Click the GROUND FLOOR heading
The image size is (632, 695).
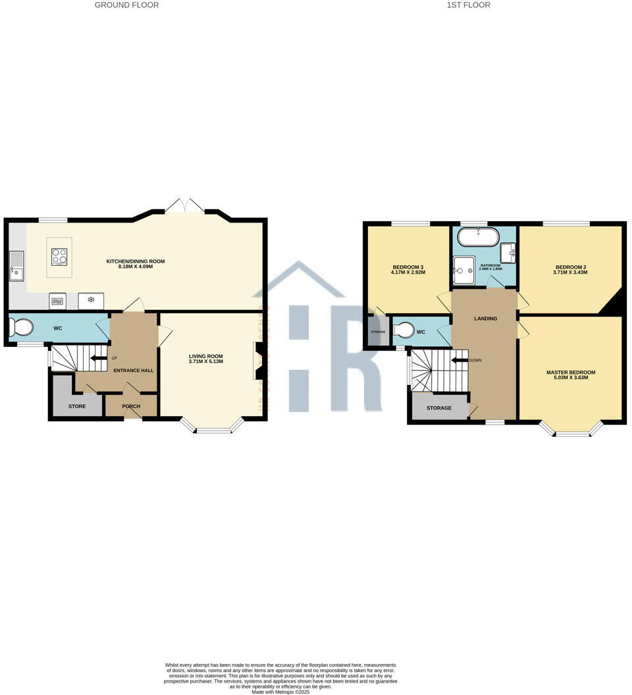coord(126,5)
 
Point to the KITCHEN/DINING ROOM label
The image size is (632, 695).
coord(136,261)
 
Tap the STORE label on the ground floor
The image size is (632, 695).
coord(77,407)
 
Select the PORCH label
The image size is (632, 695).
coord(131,406)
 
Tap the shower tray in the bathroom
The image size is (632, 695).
coord(463,267)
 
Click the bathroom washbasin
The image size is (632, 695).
coord(508,252)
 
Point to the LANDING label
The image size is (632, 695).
coord(486,319)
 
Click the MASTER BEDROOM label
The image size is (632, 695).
coord(571,373)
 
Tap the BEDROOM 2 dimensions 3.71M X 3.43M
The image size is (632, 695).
coord(570,272)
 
